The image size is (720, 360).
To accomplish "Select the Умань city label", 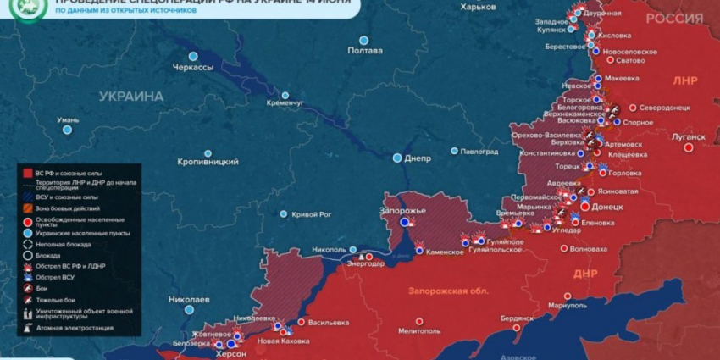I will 68,120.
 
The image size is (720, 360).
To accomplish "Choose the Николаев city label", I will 189,300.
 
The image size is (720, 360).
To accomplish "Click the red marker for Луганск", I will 689,147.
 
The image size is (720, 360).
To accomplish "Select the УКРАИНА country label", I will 130,97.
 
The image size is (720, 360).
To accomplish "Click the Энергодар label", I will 365,263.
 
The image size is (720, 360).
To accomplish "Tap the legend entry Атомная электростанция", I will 74,328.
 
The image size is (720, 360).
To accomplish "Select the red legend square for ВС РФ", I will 28,173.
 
